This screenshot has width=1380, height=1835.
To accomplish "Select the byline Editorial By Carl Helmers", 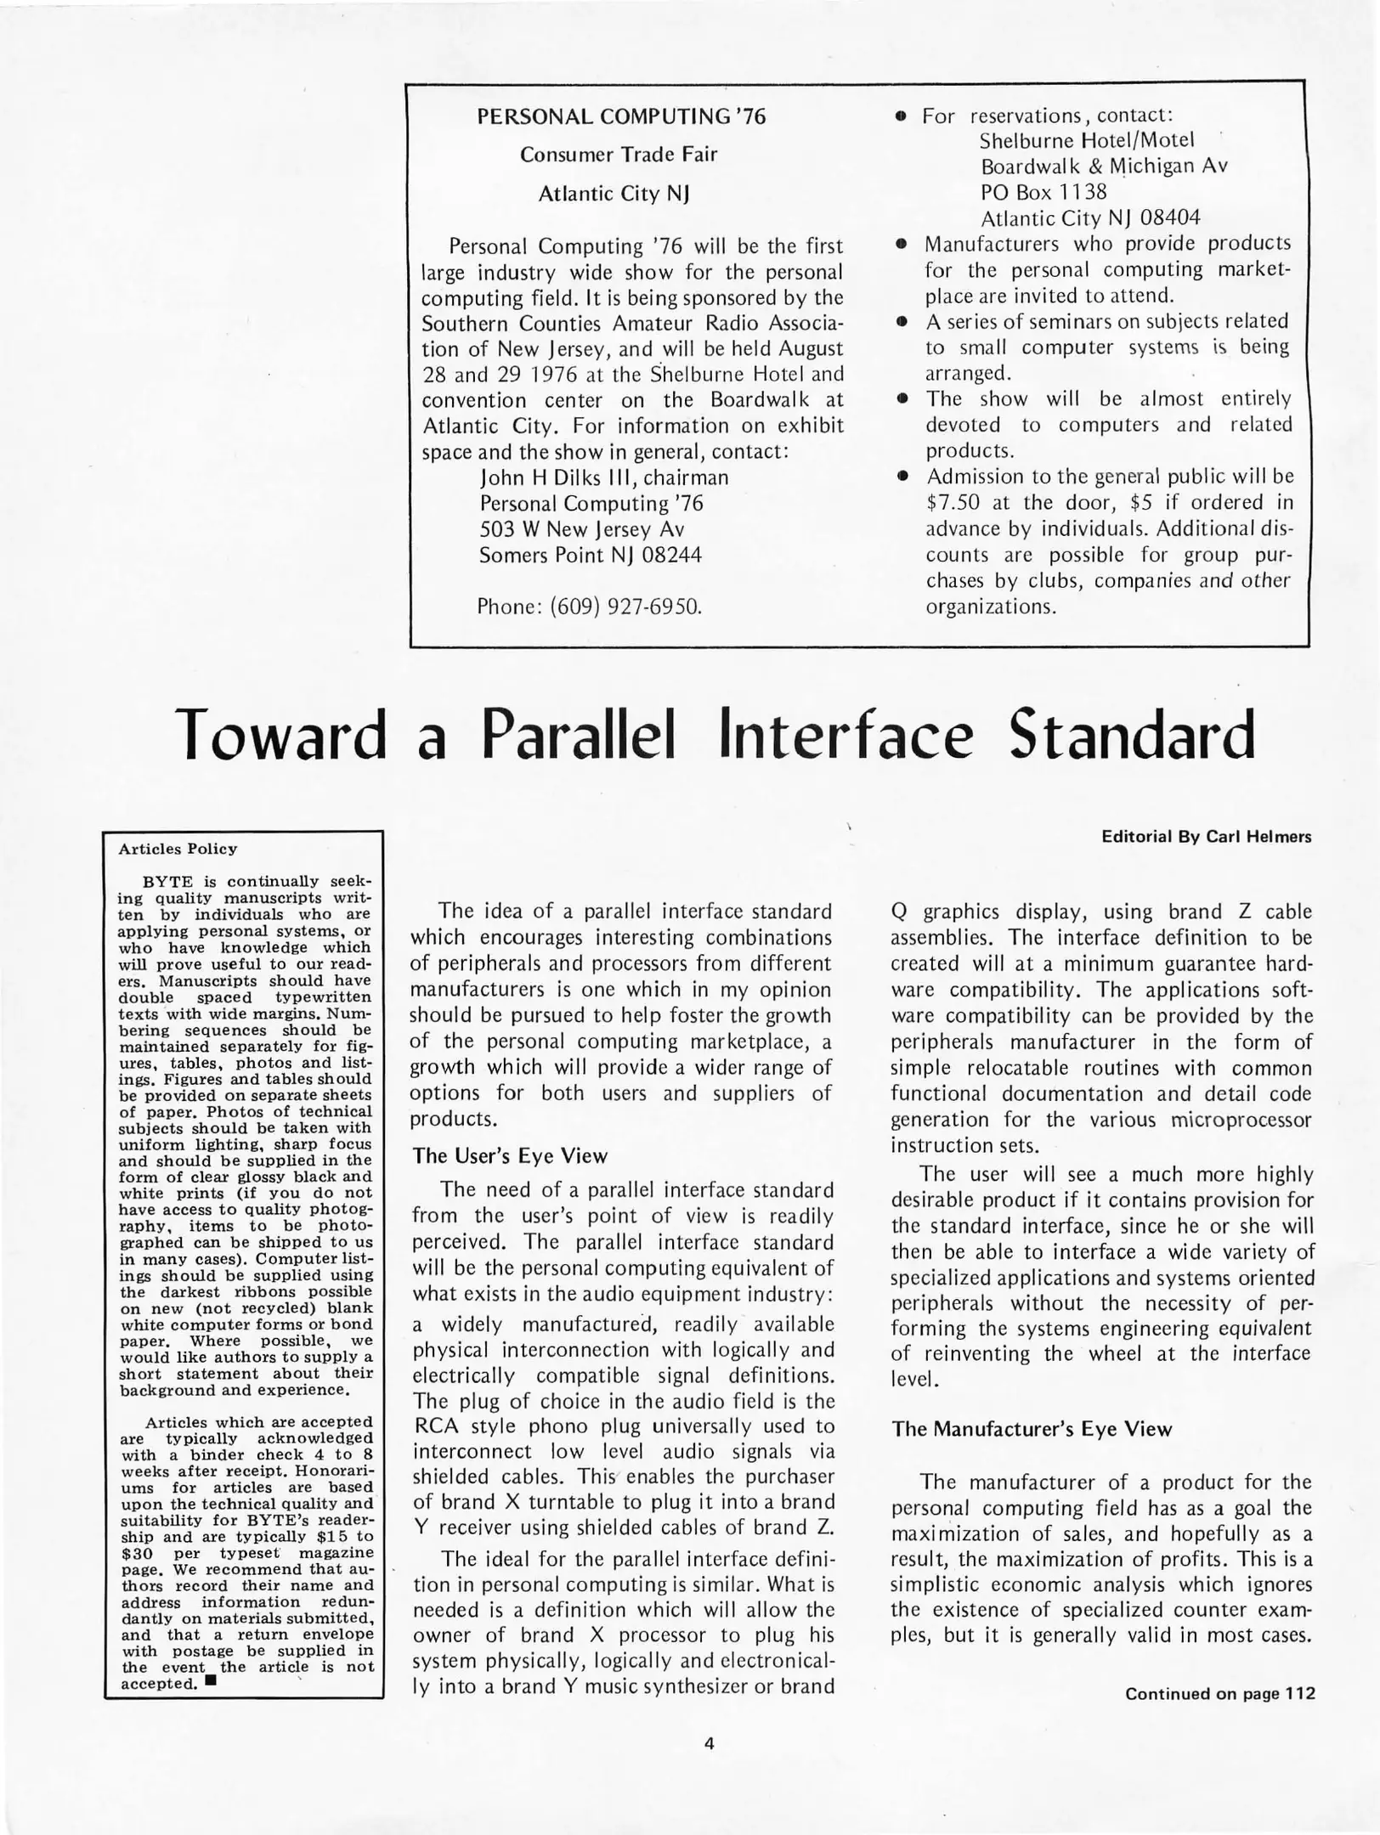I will click(1206, 837).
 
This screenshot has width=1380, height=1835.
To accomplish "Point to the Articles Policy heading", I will click(178, 850).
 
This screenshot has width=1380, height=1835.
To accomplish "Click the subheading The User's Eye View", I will click(510, 1156).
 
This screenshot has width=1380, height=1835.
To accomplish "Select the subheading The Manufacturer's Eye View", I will click(1031, 1429).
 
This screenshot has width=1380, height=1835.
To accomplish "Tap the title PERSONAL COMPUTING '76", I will click(621, 117).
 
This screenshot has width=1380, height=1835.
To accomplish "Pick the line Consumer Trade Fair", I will click(619, 155).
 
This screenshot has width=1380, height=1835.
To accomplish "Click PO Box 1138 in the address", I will click(1043, 192).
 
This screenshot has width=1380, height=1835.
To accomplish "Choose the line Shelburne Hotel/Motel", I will click(1087, 140).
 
